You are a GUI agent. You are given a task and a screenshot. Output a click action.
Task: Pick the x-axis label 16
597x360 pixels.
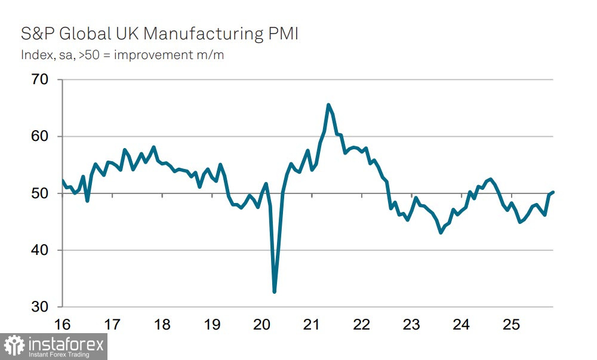tap(62, 325)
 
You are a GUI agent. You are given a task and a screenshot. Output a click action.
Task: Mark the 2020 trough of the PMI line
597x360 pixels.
tap(274, 292)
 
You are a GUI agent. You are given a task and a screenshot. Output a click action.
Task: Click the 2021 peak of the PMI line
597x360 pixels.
tap(328, 105)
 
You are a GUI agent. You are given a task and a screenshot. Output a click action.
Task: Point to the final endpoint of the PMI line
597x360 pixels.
tap(553, 192)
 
